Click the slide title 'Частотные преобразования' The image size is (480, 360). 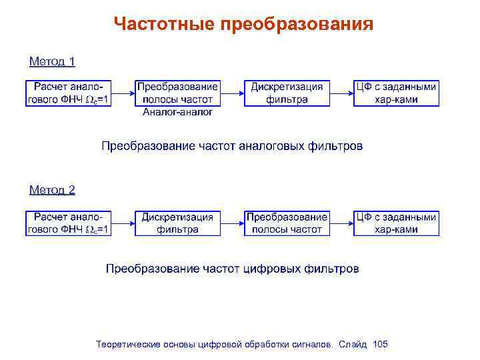point(243,25)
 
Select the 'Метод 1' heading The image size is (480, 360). point(52,62)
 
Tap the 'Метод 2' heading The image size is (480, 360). point(52,190)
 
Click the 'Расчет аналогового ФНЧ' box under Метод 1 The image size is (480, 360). point(69,93)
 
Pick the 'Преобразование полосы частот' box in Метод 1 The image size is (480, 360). point(177,93)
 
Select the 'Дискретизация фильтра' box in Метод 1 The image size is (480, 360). point(287,93)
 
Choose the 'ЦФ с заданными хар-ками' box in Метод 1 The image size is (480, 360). point(396,93)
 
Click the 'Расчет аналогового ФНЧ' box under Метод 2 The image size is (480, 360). point(69,223)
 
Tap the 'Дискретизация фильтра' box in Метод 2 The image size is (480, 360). point(177,223)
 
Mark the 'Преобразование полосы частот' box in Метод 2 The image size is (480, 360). point(287,223)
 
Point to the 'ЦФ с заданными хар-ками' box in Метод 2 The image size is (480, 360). point(396,223)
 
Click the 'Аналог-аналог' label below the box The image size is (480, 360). point(177,113)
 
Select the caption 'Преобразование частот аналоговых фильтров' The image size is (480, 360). point(232,146)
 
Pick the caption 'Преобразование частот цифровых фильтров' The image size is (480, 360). point(232,269)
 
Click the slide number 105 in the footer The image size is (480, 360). point(381,345)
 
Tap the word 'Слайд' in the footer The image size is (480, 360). point(353,345)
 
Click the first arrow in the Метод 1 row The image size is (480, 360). point(123,93)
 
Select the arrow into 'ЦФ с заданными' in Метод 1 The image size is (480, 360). point(341,93)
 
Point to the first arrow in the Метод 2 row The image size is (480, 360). point(123,223)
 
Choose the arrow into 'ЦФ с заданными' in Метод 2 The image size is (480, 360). point(341,223)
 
